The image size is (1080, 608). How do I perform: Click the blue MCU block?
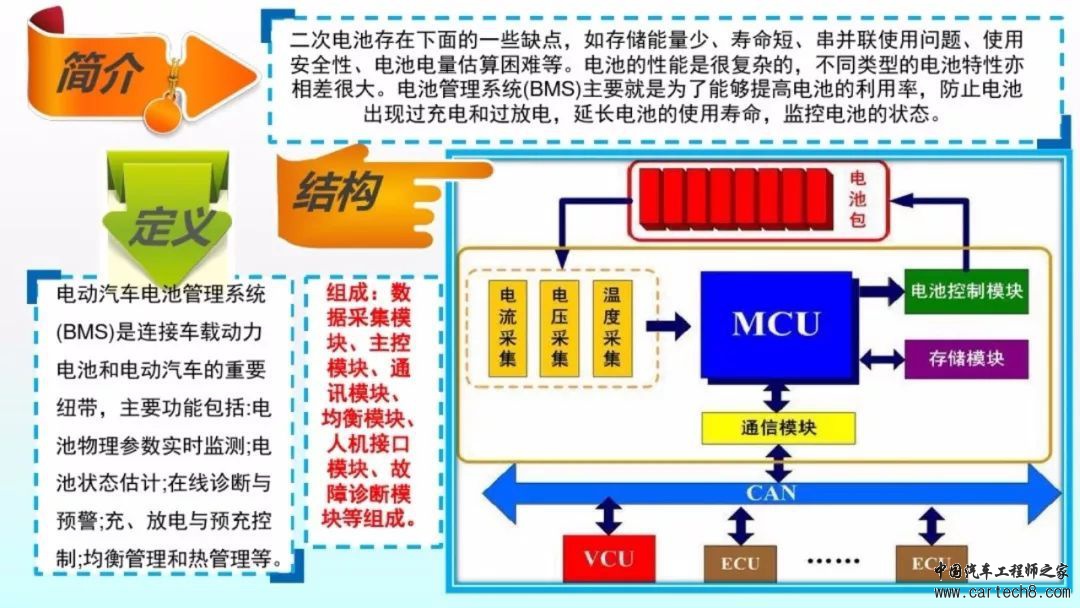coord(776,324)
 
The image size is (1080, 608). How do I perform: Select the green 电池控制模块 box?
coord(966,291)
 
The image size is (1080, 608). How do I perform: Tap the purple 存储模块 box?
coord(966,359)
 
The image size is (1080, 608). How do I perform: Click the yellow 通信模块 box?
coord(778,428)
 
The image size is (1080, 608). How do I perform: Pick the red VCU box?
coord(609,558)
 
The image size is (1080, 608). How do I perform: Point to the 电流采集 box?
coord(508,328)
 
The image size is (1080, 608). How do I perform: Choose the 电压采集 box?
coord(559,328)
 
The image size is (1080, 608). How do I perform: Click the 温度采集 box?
coord(612,328)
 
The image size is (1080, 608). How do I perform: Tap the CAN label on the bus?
coord(771,493)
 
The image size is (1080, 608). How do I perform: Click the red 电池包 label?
coord(858,199)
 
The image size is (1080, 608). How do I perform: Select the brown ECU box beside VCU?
coord(740,563)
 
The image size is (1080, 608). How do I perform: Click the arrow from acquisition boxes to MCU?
coord(667,326)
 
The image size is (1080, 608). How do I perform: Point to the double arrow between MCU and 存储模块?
coord(882,359)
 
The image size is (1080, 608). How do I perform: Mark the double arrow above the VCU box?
coord(609,516)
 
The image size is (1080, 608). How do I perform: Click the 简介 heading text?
coord(99,72)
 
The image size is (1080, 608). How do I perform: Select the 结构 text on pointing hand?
coord(338,191)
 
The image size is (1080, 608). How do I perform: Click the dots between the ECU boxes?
coord(833,560)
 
